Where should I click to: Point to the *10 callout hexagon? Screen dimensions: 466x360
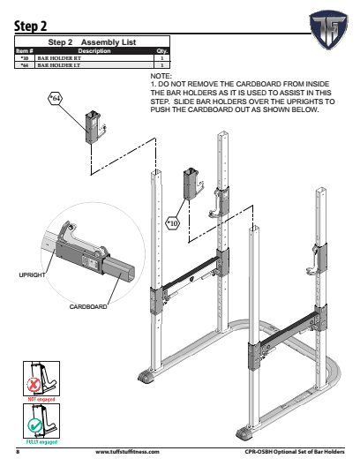[x=172, y=223]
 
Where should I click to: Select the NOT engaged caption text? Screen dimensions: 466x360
[x=38, y=399]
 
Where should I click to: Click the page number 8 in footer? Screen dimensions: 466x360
[x=18, y=453]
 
